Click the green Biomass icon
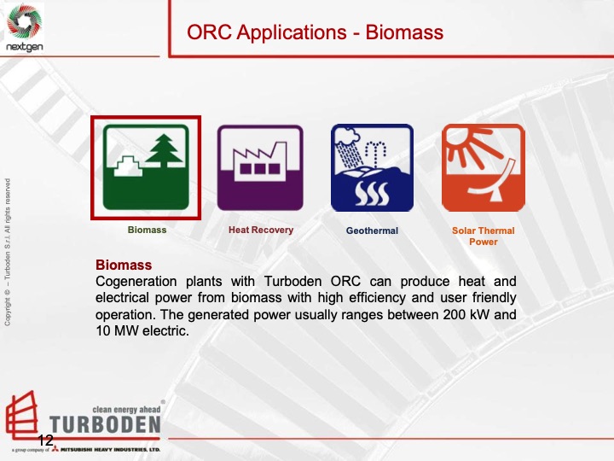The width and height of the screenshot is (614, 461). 146,167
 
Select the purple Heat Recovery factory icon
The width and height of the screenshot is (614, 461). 260,167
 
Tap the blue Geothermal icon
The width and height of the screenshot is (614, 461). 372,167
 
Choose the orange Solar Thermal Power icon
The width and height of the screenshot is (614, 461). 483,167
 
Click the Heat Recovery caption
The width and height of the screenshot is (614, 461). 260,230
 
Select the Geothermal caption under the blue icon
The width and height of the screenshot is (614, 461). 372,230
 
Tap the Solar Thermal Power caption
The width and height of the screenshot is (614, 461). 483,236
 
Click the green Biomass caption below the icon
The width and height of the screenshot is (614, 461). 147,230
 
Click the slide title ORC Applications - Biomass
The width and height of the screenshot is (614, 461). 315,33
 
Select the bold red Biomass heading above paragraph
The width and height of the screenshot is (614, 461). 124,265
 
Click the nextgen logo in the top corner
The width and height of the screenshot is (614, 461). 24,26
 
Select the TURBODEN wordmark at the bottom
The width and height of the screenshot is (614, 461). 104,424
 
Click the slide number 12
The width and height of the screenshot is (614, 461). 45,440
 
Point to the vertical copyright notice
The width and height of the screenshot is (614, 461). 8,251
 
